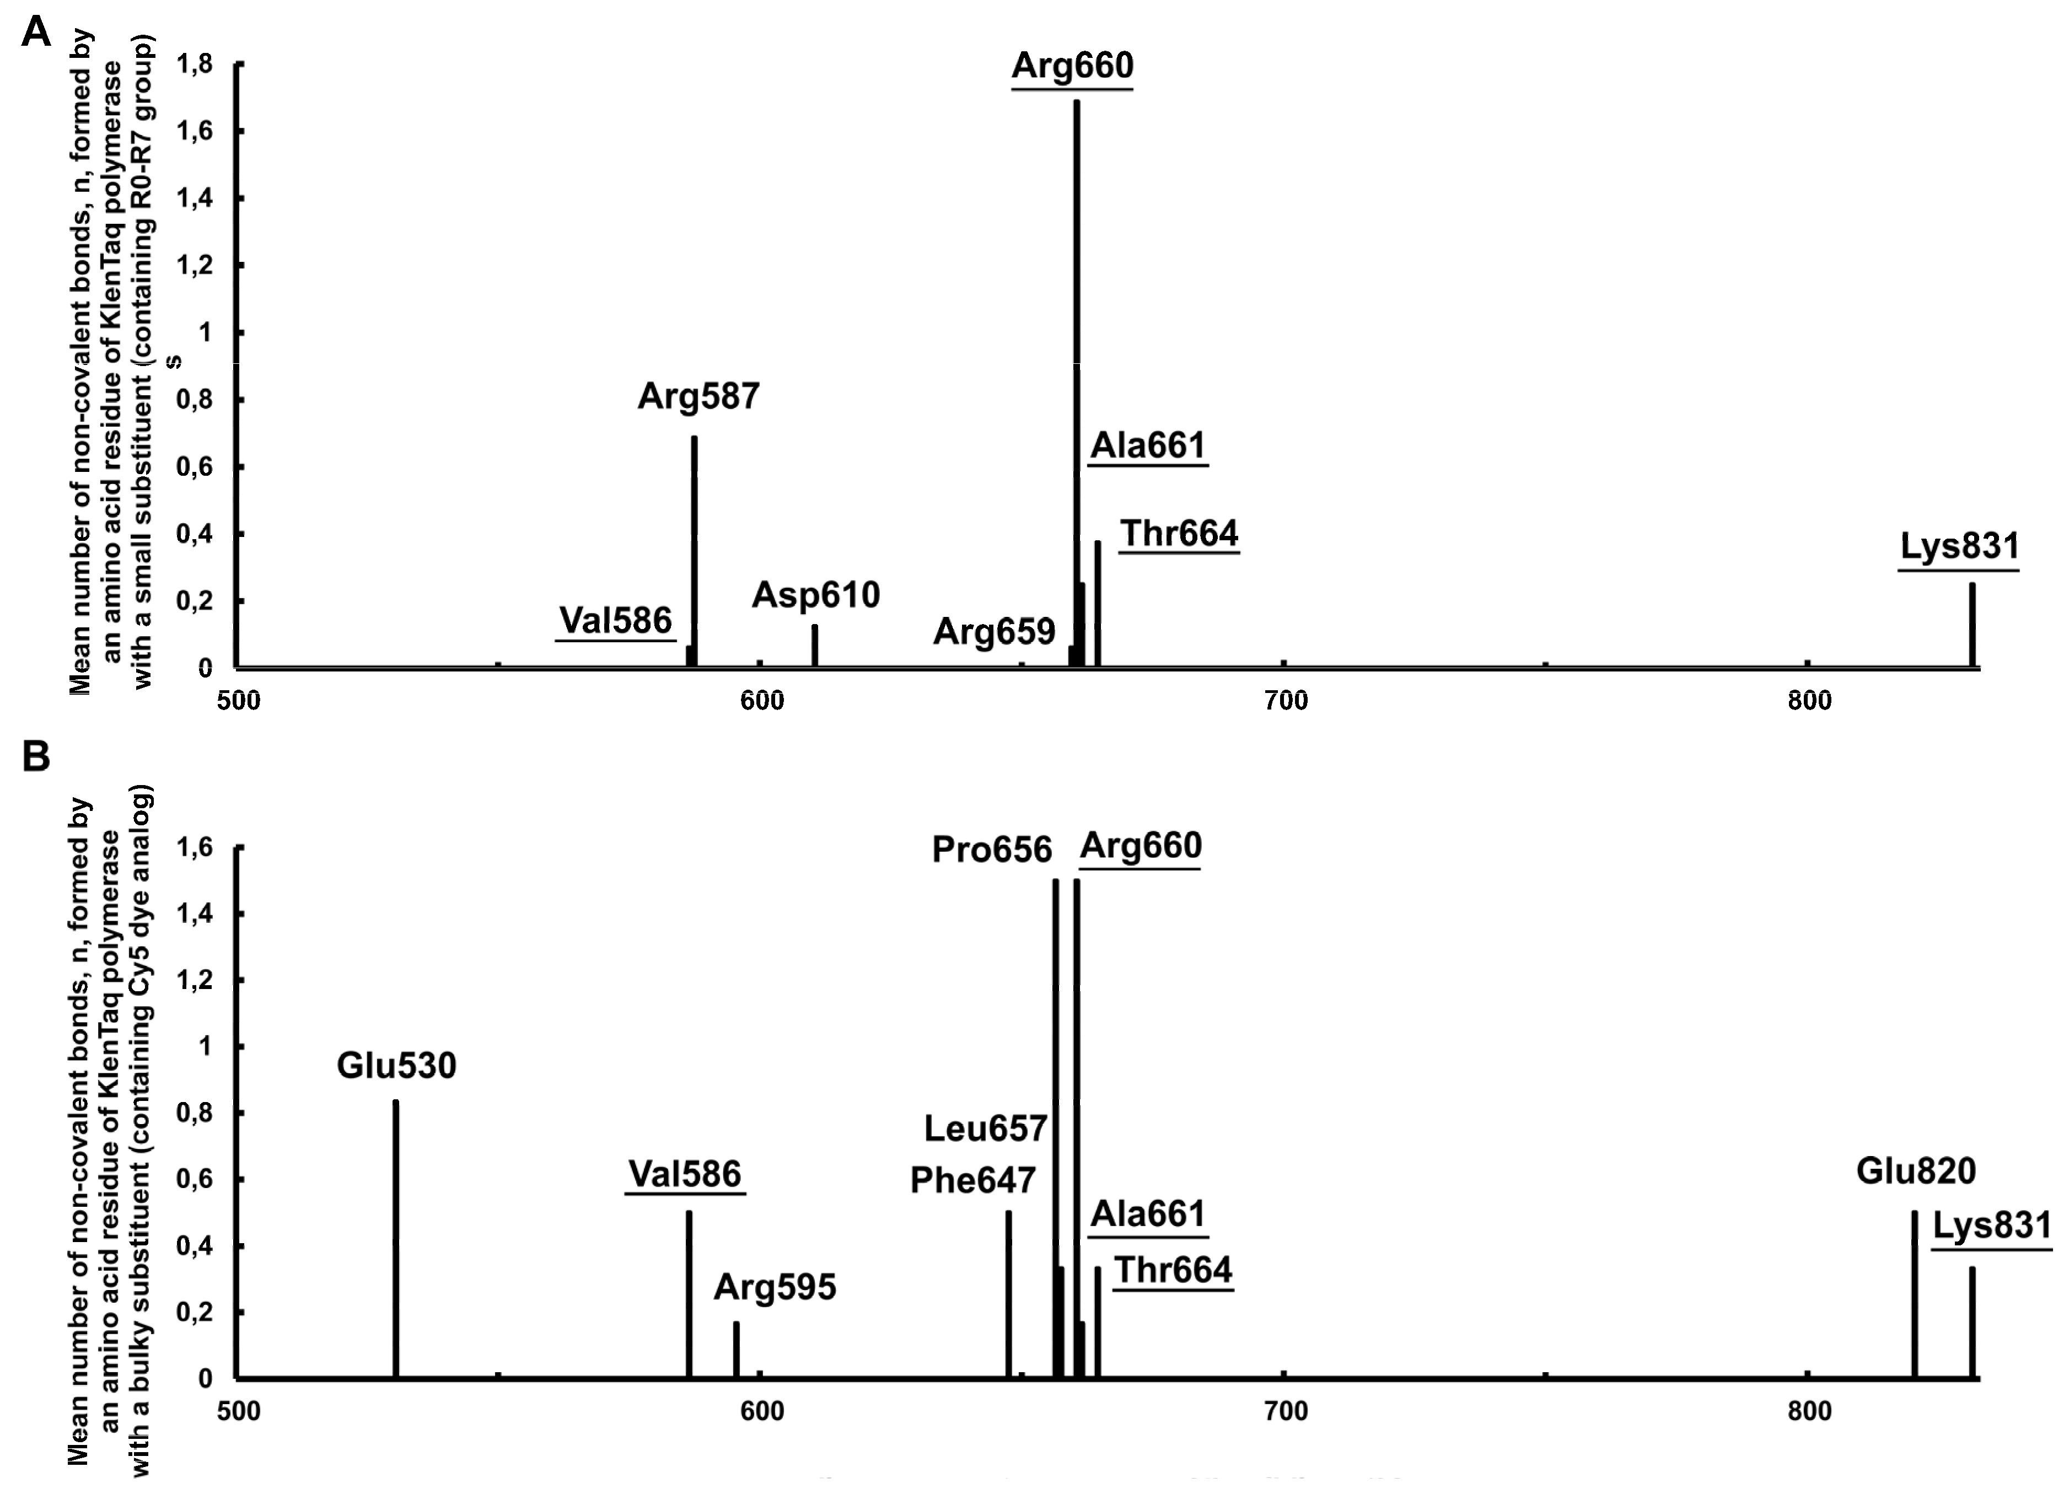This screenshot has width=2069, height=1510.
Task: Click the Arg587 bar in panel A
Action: coord(695,549)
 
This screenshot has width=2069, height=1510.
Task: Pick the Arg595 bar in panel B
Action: coord(735,1349)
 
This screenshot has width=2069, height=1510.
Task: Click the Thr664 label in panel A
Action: coord(1179,533)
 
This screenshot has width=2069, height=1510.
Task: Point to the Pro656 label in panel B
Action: coord(992,850)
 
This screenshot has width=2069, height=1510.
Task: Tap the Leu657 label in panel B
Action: coord(985,1129)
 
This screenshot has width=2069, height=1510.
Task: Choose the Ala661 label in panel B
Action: coord(1148,1214)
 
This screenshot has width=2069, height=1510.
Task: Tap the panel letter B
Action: coord(36,757)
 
